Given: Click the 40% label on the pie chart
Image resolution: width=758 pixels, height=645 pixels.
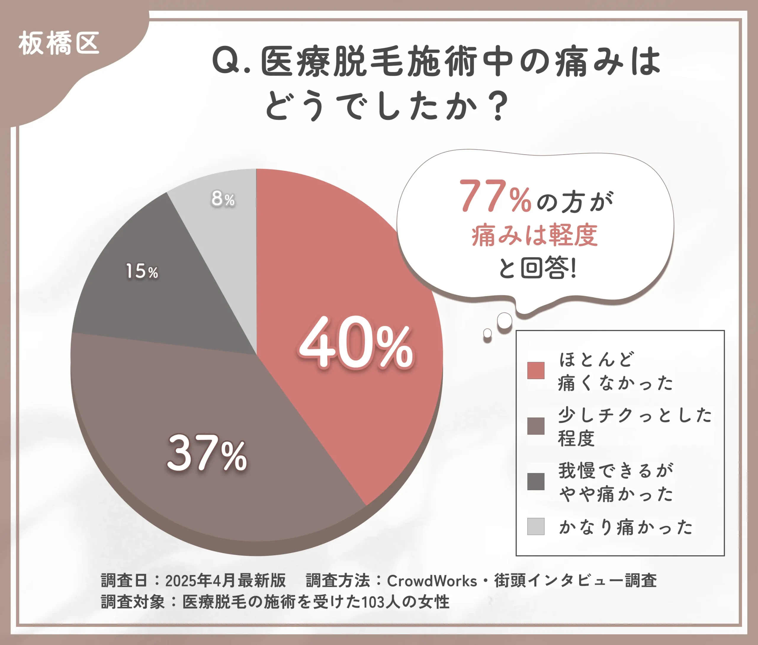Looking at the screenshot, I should click(355, 343).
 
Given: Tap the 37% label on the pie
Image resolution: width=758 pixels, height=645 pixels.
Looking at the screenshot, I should click(207, 454).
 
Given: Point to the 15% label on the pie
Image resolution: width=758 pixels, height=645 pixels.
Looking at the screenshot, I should click(142, 271).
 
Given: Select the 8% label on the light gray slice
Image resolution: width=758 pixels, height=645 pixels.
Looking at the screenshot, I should click(223, 199).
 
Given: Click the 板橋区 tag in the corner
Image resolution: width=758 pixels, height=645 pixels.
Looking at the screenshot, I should click(59, 44).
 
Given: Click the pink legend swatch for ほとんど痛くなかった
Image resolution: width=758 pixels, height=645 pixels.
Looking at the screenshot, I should click(536, 370).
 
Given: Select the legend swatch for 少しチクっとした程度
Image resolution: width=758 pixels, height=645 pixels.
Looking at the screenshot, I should click(536, 426).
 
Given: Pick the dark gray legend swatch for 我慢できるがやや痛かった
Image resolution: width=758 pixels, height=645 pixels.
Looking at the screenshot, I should click(536, 481).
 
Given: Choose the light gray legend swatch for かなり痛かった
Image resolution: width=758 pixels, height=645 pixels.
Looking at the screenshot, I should click(536, 526).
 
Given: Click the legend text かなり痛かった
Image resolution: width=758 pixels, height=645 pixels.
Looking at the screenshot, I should click(626, 527).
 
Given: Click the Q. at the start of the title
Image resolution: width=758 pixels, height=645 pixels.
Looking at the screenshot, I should click(231, 61).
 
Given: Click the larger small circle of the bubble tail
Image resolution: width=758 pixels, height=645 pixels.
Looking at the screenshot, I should click(505, 321).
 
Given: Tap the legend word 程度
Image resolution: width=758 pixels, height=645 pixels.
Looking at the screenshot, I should click(576, 438).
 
